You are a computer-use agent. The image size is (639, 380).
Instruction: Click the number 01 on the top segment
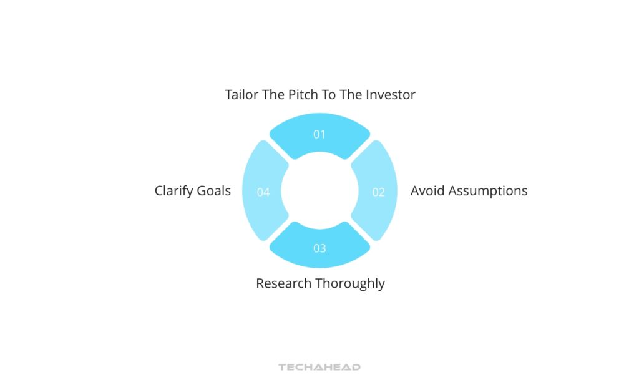(319, 134)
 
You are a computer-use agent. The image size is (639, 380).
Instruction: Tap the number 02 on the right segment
(379, 192)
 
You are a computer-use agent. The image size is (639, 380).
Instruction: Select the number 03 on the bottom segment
(319, 248)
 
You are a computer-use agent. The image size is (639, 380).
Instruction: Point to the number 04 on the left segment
(263, 192)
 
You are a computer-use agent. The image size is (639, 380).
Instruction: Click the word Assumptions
(489, 191)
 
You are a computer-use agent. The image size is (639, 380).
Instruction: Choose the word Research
(284, 283)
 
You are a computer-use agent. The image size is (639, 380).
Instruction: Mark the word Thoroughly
(350, 283)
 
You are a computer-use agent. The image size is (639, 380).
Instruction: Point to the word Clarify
(174, 191)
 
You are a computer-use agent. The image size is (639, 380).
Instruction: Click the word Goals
(214, 191)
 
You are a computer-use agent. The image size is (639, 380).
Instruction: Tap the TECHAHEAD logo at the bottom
(319, 368)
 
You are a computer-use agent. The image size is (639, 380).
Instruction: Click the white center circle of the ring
(319, 191)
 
